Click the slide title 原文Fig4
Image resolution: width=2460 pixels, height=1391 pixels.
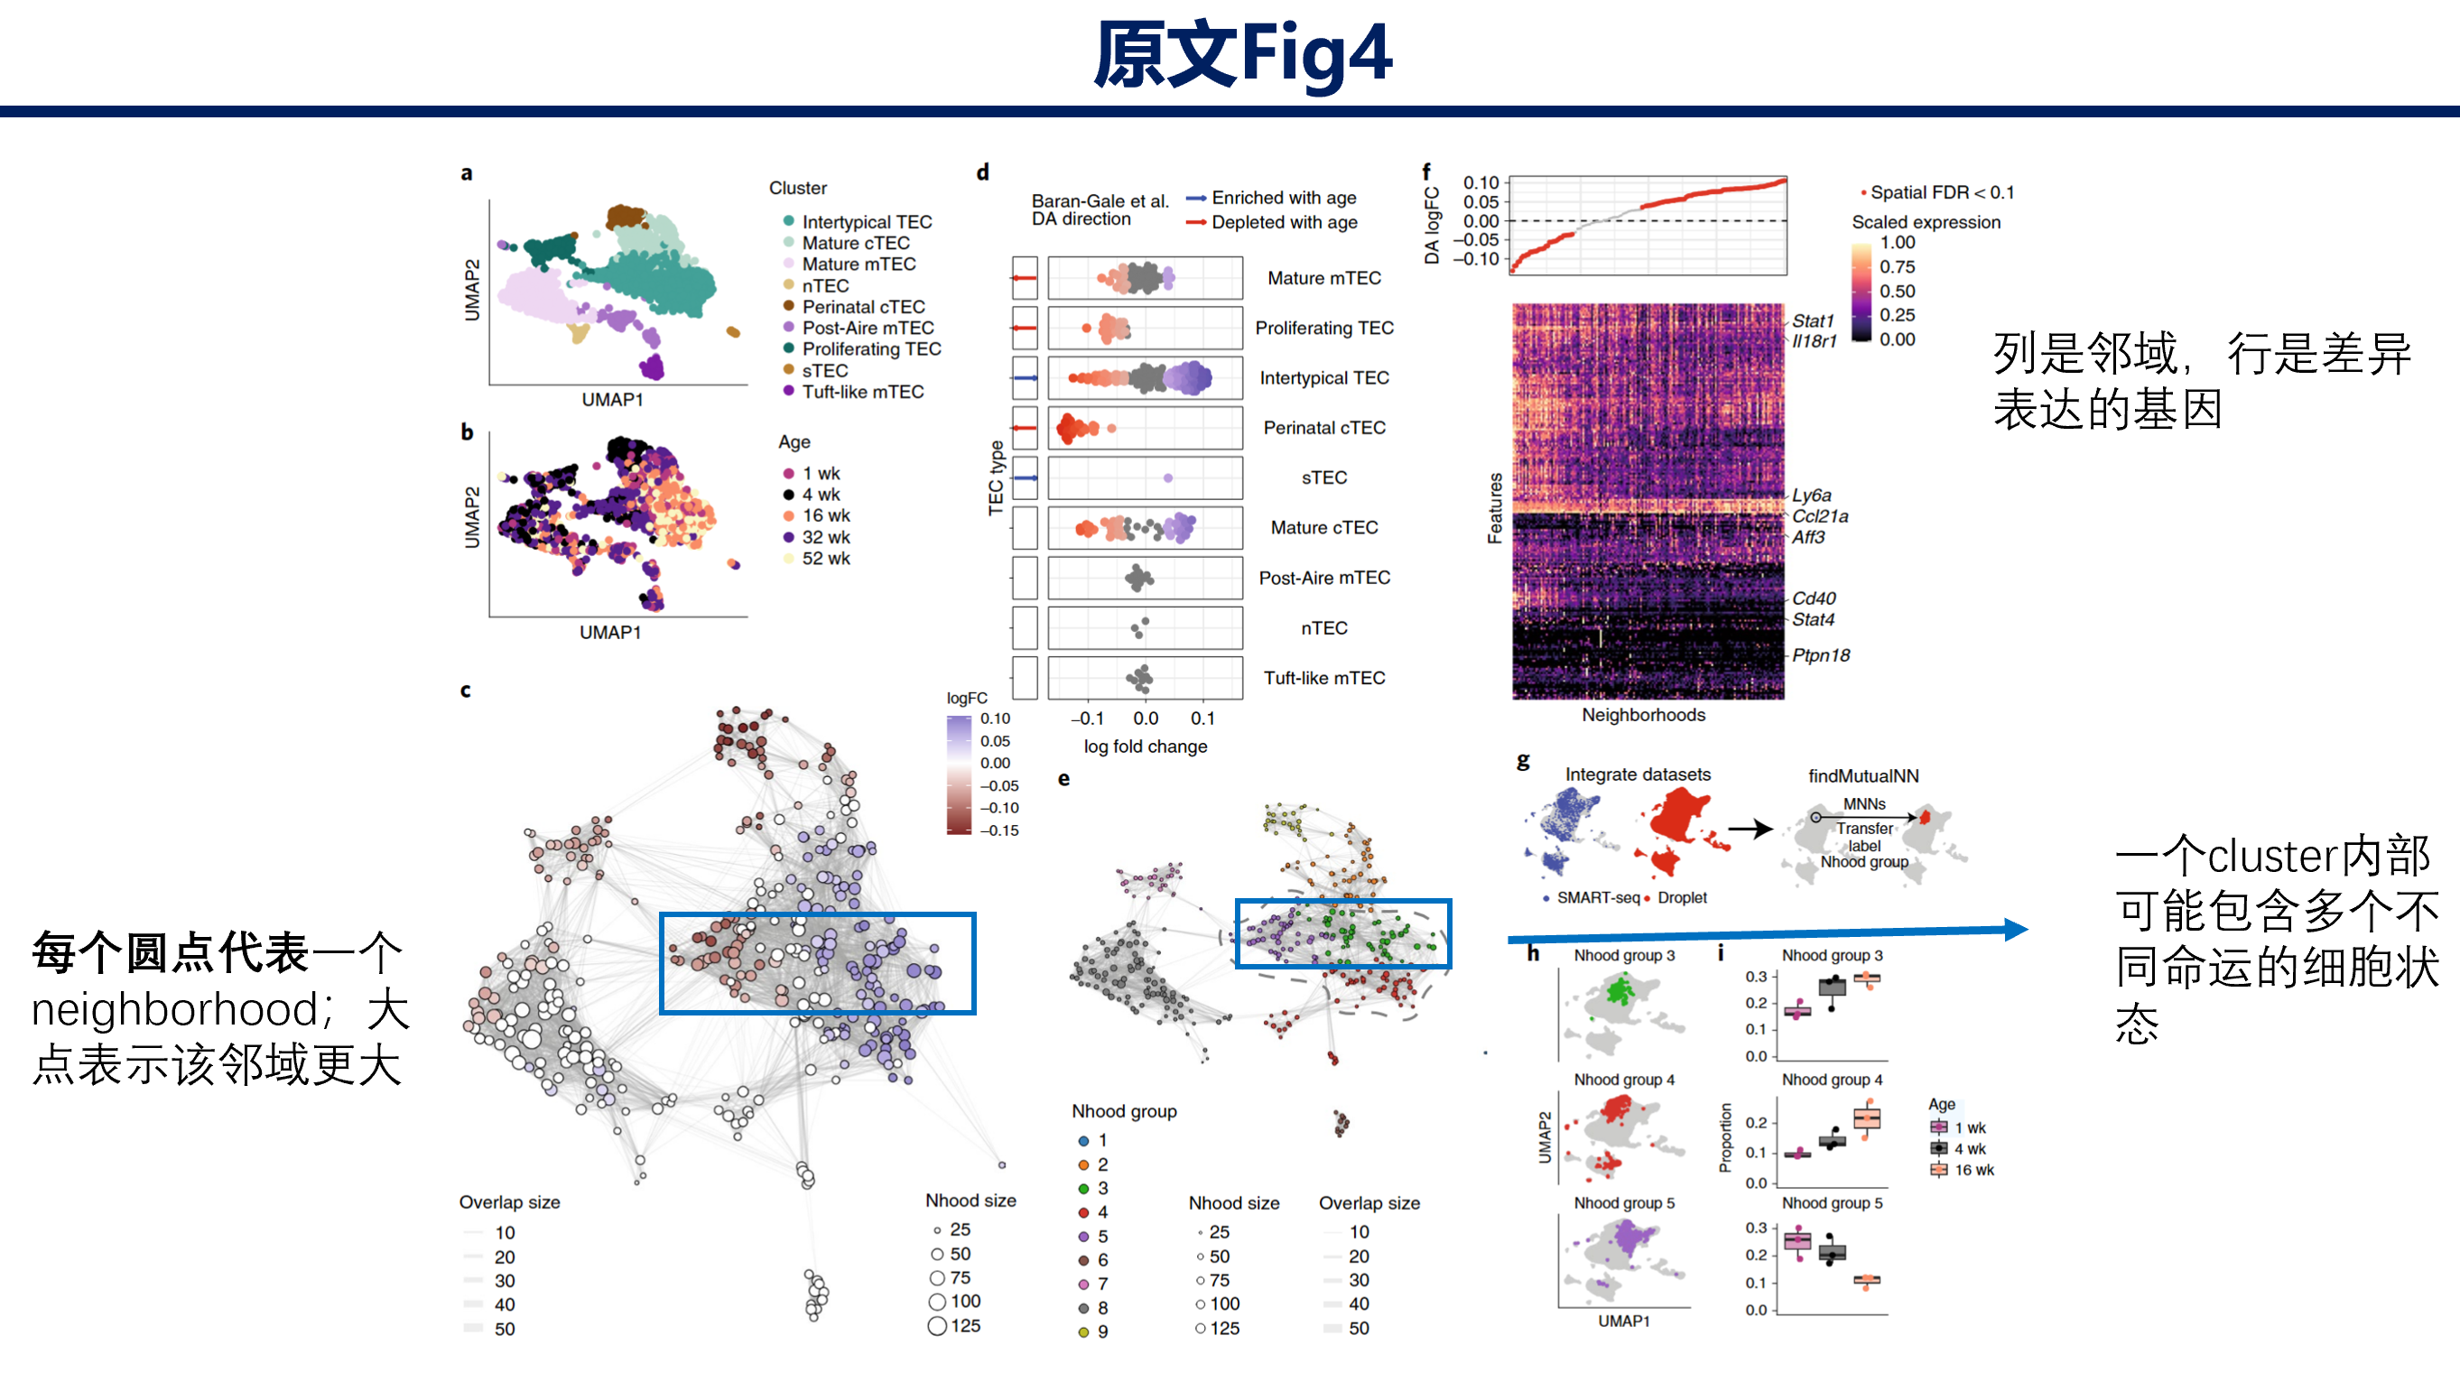[1243, 54]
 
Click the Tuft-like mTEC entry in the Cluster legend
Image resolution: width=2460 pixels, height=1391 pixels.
[853, 392]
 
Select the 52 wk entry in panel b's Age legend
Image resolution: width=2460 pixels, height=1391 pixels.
[817, 558]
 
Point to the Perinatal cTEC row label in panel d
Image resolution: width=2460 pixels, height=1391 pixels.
[1324, 428]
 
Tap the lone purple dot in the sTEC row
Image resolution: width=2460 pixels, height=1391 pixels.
[1168, 478]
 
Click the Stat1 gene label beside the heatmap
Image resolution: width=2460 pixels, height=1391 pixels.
[1813, 321]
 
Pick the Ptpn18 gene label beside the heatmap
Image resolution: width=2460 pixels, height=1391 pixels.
[1821, 655]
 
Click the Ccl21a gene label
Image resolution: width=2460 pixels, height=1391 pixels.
[1820, 516]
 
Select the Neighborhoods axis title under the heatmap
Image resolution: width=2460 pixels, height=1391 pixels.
[1643, 715]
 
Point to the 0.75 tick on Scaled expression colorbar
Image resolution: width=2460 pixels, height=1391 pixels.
[1898, 266]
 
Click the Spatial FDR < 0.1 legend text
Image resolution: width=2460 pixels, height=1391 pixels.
[1942, 192]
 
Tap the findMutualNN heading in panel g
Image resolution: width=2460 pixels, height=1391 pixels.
[1863, 775]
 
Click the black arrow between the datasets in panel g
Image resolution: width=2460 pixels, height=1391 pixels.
[1750, 830]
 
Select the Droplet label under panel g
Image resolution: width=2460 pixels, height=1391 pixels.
[1682, 897]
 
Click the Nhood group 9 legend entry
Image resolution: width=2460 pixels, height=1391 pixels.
[1094, 1331]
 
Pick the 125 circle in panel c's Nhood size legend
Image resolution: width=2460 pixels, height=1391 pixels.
[937, 1326]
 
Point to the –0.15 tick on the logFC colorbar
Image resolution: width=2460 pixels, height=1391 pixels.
[999, 830]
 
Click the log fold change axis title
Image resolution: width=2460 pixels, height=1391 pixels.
[1146, 747]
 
